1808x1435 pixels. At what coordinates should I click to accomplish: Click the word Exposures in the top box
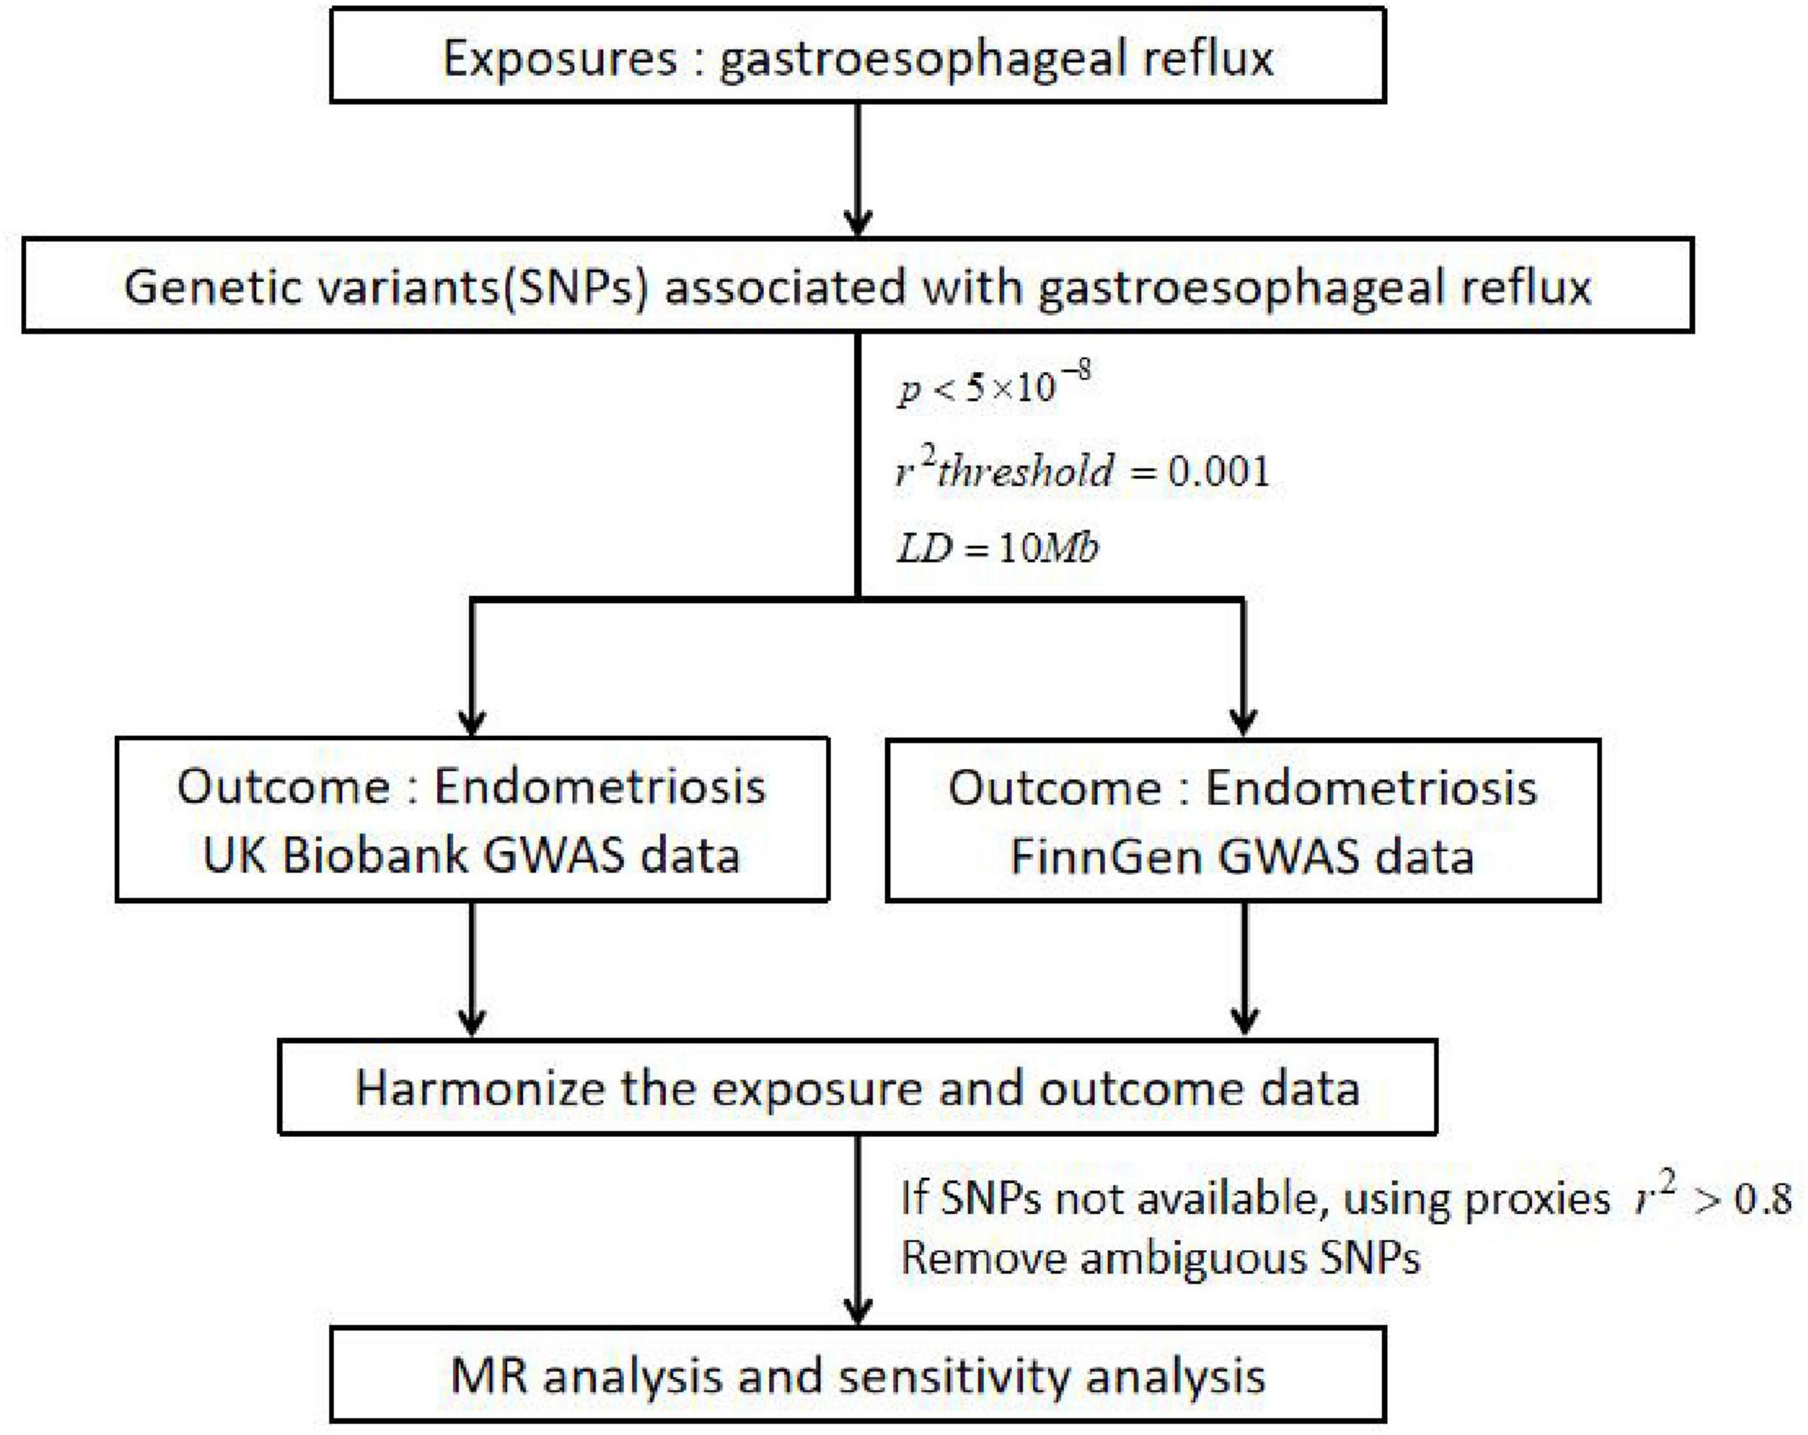[559, 59]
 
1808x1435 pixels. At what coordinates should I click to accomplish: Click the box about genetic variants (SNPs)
[858, 285]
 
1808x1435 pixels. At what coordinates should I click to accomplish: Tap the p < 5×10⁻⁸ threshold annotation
[994, 384]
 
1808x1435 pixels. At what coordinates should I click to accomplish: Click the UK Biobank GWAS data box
[473, 819]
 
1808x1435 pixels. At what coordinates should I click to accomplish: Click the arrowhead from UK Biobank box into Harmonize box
[473, 1022]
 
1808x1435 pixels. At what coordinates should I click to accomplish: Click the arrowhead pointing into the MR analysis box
[858, 1310]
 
